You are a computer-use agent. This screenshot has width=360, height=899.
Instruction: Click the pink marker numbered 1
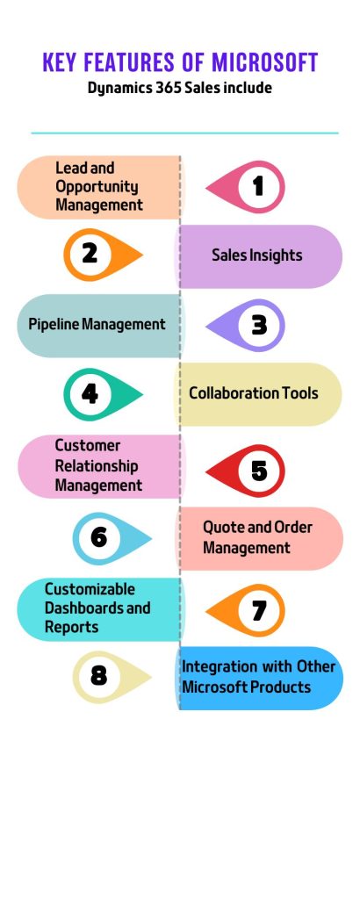[x=245, y=187]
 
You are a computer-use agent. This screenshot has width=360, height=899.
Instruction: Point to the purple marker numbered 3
[x=245, y=325]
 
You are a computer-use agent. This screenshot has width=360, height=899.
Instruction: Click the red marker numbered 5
[x=245, y=471]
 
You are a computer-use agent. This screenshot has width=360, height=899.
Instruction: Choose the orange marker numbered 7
[x=245, y=611]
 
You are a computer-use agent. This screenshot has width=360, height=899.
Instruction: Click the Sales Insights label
[x=256, y=255]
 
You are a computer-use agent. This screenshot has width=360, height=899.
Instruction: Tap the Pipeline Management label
[x=97, y=325]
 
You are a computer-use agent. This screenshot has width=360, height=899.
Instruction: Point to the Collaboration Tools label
[x=254, y=393]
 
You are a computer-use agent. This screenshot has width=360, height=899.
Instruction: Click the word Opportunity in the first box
[x=97, y=187]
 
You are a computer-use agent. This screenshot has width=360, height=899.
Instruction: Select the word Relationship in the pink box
[x=97, y=465]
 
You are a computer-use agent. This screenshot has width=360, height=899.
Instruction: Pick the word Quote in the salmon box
[x=222, y=527]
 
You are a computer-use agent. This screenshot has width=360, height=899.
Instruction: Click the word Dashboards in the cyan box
[x=85, y=608]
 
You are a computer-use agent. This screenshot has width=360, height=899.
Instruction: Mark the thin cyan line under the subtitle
[x=184, y=133]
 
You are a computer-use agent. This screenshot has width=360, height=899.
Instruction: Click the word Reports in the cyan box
[x=72, y=627]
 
